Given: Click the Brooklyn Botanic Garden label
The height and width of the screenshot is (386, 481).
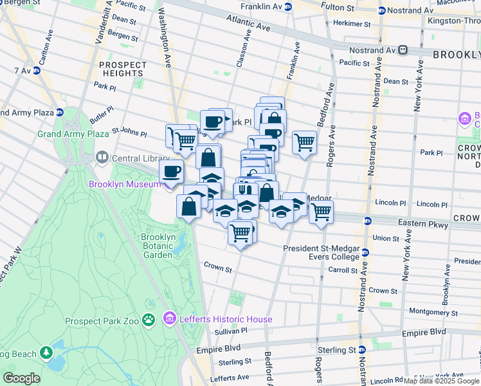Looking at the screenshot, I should click(x=158, y=246).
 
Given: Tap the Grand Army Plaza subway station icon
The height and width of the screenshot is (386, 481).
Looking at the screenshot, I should click(x=60, y=112).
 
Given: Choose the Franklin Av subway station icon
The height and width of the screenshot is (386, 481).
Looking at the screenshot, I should click(x=288, y=7).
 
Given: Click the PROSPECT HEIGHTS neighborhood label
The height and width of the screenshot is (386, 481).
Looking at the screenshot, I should click(x=122, y=69).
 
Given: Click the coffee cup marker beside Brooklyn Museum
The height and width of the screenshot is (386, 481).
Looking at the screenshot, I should click(x=171, y=171).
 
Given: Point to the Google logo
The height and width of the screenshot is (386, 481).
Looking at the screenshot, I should click(x=21, y=378).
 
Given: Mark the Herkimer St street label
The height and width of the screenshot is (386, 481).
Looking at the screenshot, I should click(x=350, y=23).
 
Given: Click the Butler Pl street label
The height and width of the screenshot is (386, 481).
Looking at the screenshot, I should click(x=102, y=120).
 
